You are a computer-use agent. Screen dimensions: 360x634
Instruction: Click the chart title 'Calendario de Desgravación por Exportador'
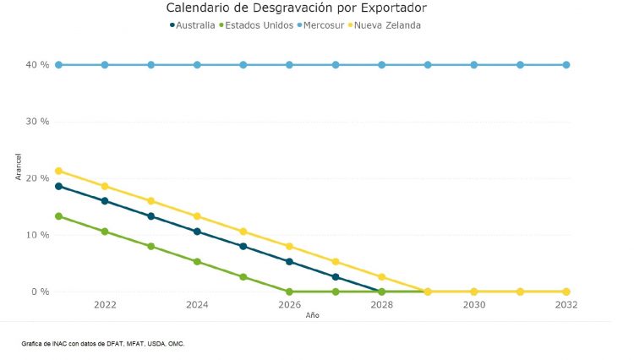point(295,8)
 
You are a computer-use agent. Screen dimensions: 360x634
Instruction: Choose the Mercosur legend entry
point(323,25)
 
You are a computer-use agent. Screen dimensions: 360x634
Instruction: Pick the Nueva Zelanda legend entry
point(385,25)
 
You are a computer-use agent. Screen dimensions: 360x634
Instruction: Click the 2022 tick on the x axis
point(105,305)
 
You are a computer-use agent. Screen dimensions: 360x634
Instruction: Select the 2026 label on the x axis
point(289,305)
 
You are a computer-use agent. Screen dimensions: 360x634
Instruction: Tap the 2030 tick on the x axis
point(473,305)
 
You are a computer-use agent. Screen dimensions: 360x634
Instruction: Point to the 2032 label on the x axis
point(566,305)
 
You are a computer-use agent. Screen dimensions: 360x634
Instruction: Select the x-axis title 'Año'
point(312,315)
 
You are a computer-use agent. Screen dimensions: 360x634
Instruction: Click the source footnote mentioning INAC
point(103,344)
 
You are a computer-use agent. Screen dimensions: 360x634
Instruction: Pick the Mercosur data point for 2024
point(197,65)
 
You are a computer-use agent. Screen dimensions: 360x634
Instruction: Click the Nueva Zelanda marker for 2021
point(58,171)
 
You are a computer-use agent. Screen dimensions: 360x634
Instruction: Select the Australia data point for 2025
point(243,247)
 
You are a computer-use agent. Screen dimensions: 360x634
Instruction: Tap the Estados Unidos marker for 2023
point(150,247)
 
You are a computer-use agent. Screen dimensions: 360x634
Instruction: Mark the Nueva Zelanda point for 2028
point(381,277)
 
